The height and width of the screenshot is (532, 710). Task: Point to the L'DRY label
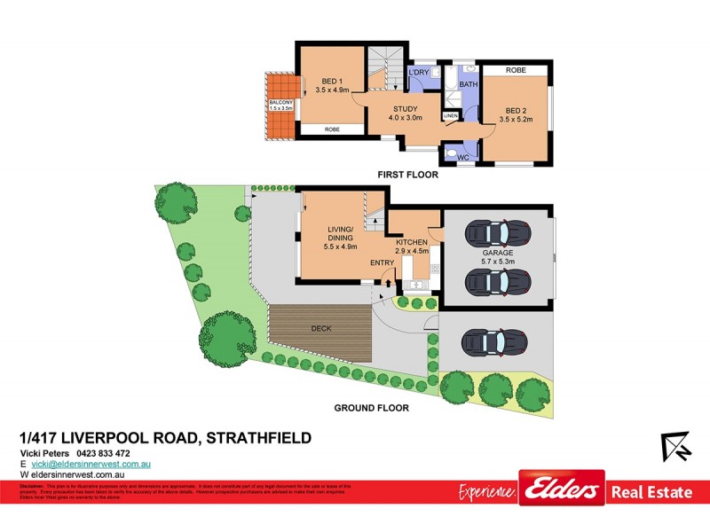(x=418, y=72)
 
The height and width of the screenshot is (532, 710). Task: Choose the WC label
(x=450, y=157)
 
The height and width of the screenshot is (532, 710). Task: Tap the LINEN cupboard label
(x=451, y=116)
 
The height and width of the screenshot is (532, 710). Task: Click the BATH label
(x=469, y=84)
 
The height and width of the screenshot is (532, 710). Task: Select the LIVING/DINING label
(x=342, y=235)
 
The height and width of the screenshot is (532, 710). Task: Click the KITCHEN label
(x=412, y=242)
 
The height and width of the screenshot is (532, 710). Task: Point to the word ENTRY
(x=383, y=262)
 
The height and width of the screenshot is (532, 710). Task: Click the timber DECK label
(x=321, y=329)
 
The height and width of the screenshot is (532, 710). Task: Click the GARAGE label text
(x=498, y=253)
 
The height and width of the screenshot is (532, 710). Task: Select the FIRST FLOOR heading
(x=409, y=175)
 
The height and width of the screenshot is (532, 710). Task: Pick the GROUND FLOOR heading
(x=371, y=409)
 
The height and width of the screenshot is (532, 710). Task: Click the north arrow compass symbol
(x=676, y=446)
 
